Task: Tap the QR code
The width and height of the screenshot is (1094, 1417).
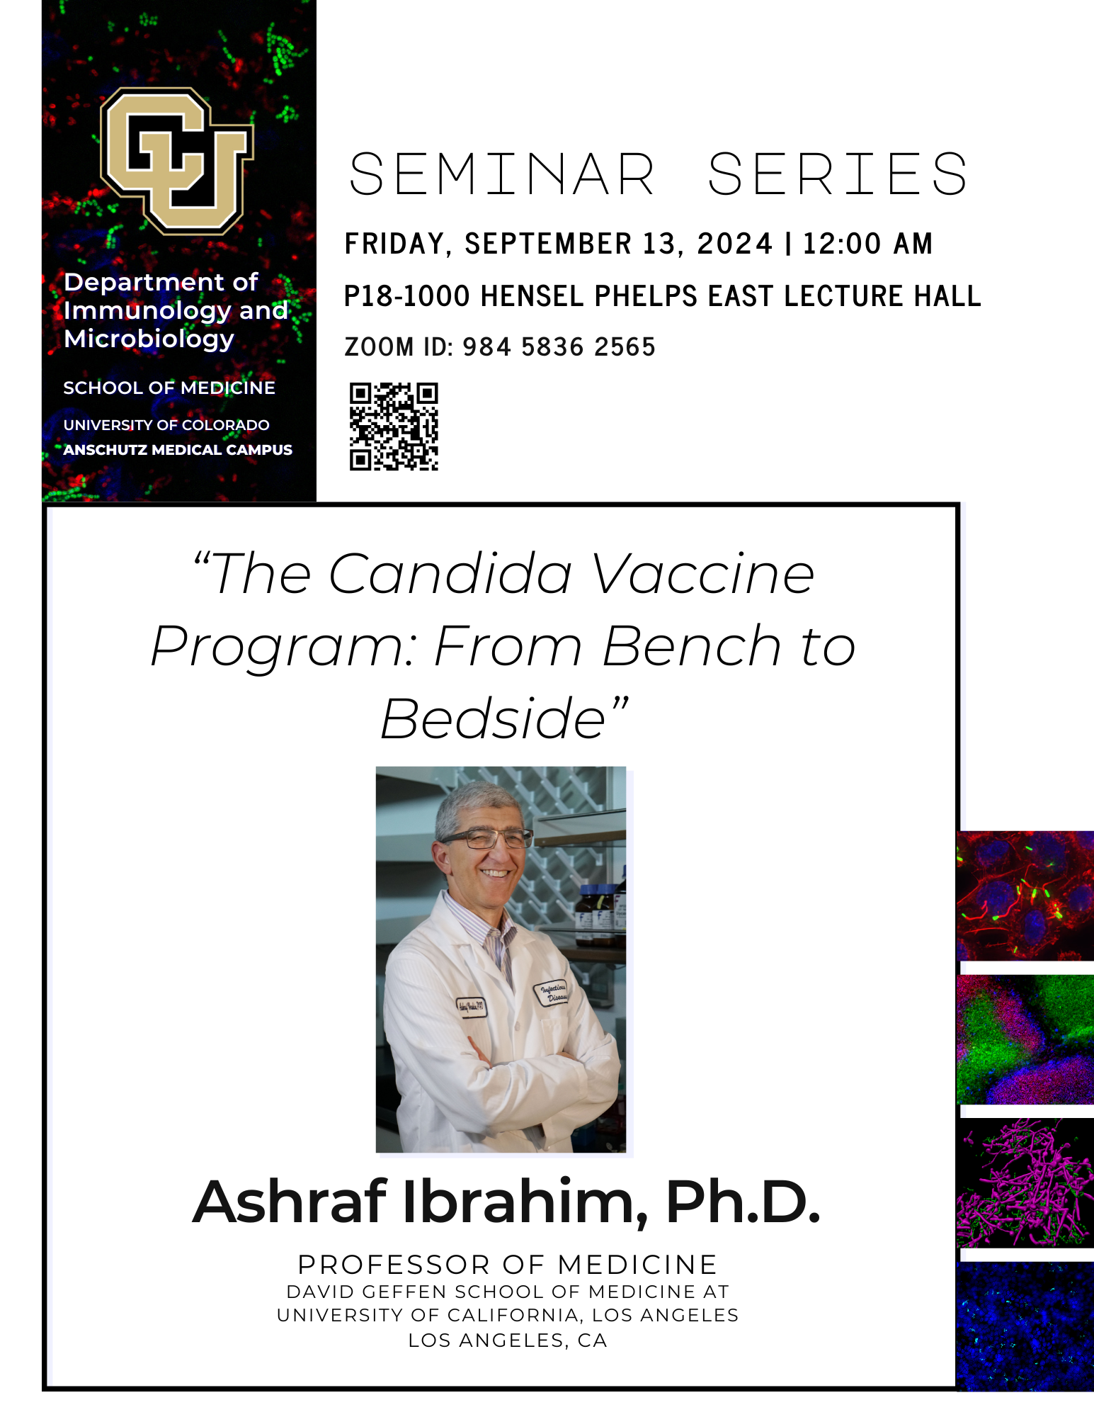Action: click(x=394, y=427)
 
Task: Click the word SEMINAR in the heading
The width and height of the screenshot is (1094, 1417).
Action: click(x=502, y=174)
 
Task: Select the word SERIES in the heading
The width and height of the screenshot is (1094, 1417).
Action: click(x=838, y=174)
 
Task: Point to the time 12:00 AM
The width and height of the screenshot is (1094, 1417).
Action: click(x=867, y=244)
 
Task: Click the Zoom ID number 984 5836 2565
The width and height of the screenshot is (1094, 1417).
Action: click(x=559, y=347)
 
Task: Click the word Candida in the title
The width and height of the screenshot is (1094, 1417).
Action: click(x=450, y=574)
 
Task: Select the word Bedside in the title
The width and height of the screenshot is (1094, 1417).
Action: click(x=493, y=719)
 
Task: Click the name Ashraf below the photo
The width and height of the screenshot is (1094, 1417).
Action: click(x=290, y=1202)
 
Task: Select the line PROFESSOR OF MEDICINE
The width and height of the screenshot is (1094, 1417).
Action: click(x=508, y=1265)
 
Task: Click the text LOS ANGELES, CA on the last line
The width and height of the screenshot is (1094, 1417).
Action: click(x=508, y=1340)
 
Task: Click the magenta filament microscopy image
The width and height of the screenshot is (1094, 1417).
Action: click(x=1025, y=1183)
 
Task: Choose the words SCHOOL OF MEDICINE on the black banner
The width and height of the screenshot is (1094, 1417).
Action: click(x=169, y=388)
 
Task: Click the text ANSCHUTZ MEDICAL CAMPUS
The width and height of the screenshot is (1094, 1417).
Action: click(x=178, y=450)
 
